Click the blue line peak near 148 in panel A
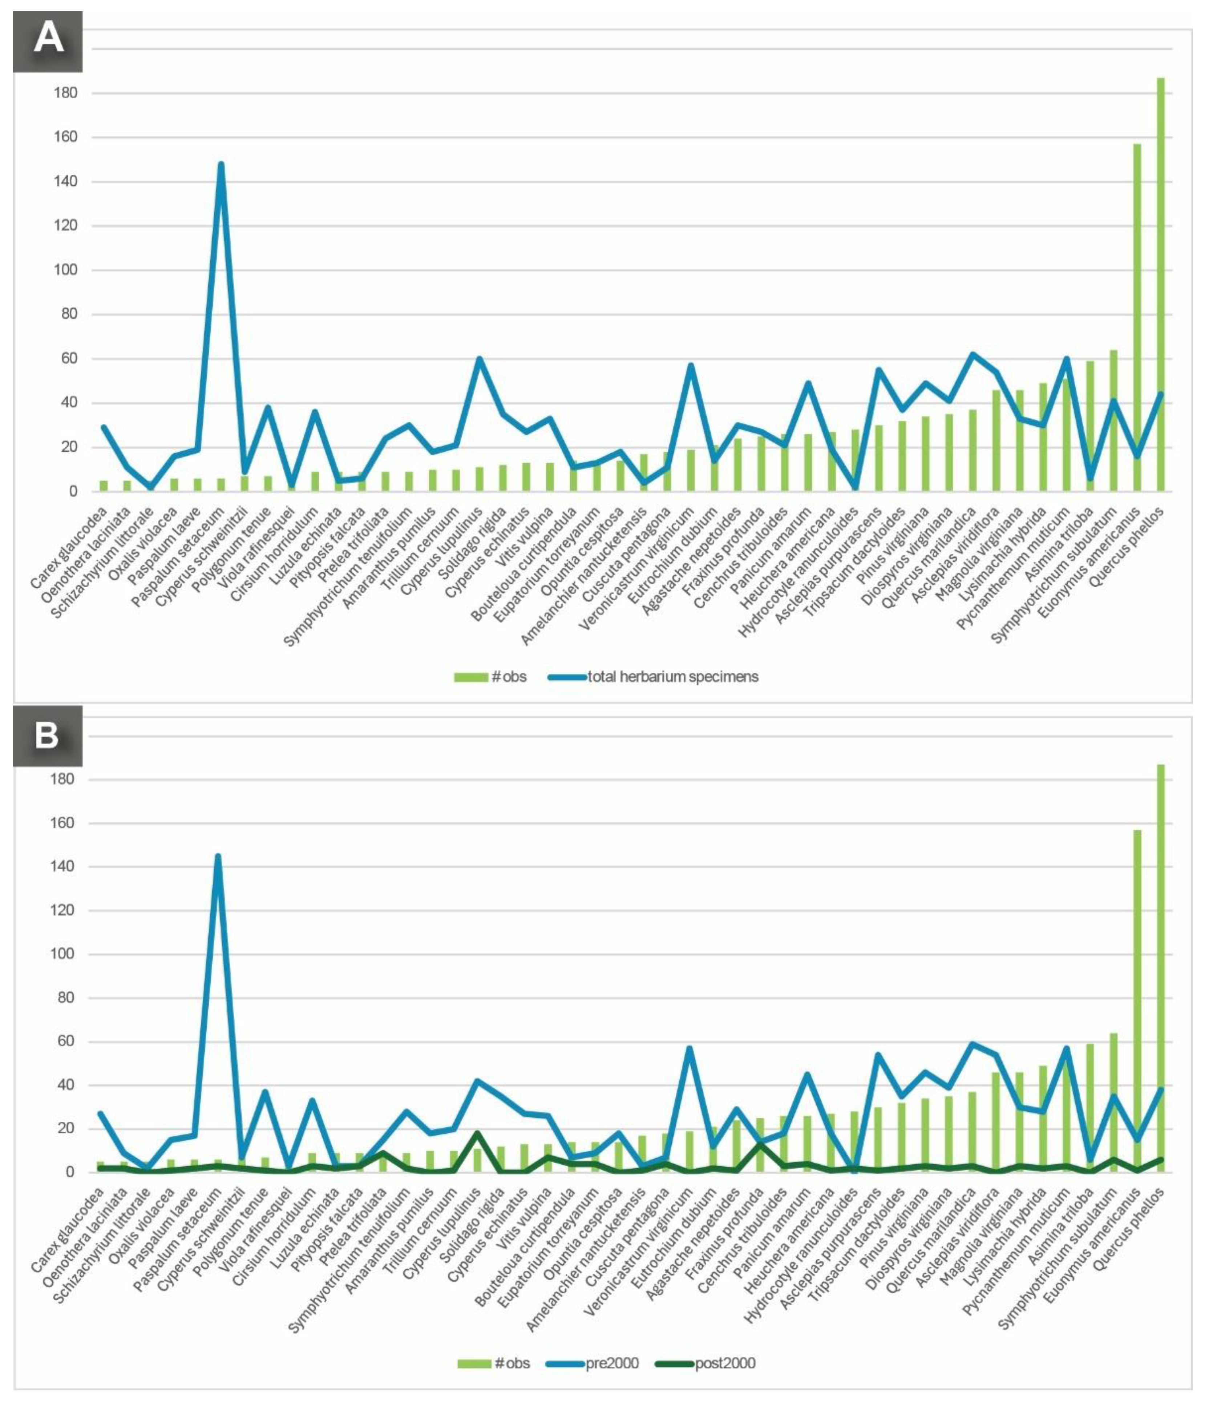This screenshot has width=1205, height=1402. tap(221, 164)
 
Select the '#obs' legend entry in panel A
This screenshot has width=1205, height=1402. tap(490, 677)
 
